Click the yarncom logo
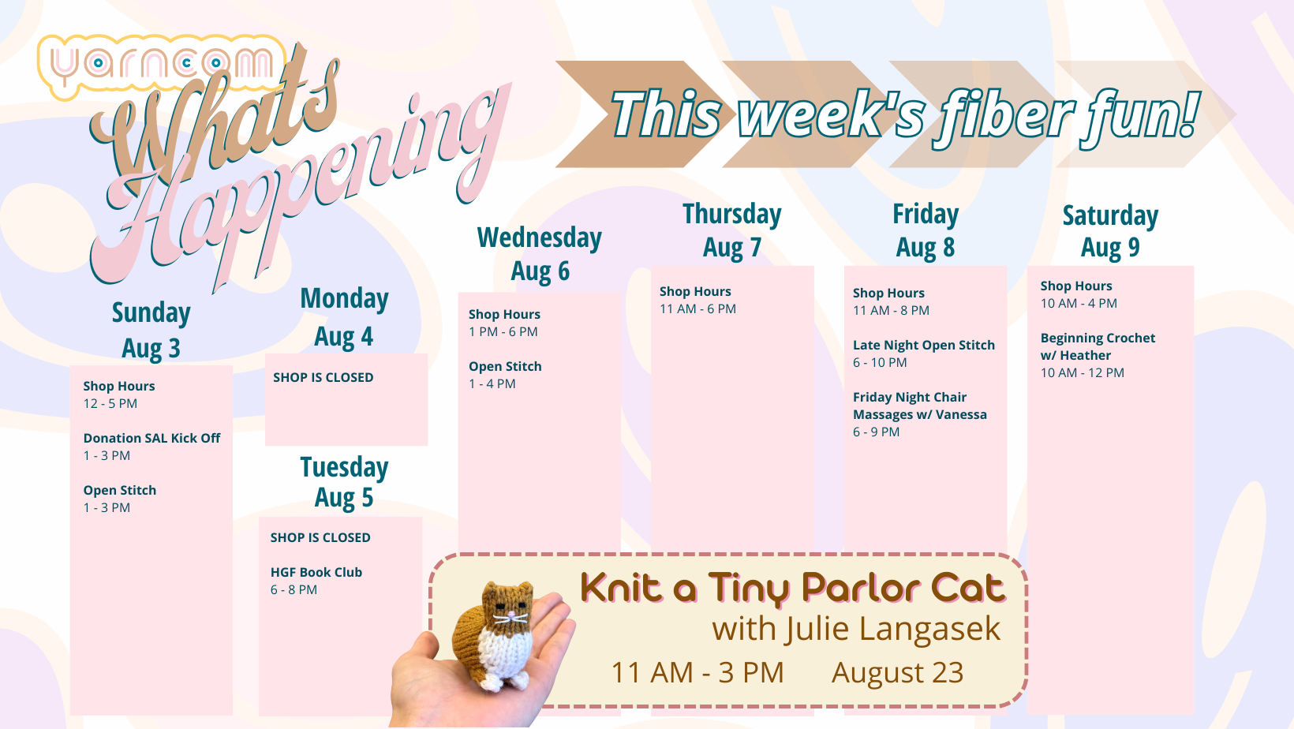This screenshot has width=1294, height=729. click(x=162, y=65)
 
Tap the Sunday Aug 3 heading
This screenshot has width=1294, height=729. click(x=151, y=331)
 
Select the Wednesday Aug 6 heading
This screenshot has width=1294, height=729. click(x=540, y=254)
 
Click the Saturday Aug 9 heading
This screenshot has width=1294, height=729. click(x=1110, y=231)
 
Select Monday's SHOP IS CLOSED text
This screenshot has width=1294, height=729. click(x=323, y=377)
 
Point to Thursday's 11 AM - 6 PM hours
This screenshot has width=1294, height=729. click(x=697, y=309)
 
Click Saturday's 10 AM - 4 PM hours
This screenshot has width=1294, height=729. click(x=1079, y=303)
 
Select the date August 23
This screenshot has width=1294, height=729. click(x=898, y=672)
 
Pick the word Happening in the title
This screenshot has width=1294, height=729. click(x=301, y=191)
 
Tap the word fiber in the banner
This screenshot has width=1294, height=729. click(x=1006, y=115)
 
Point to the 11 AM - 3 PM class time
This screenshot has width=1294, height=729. click(x=697, y=672)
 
